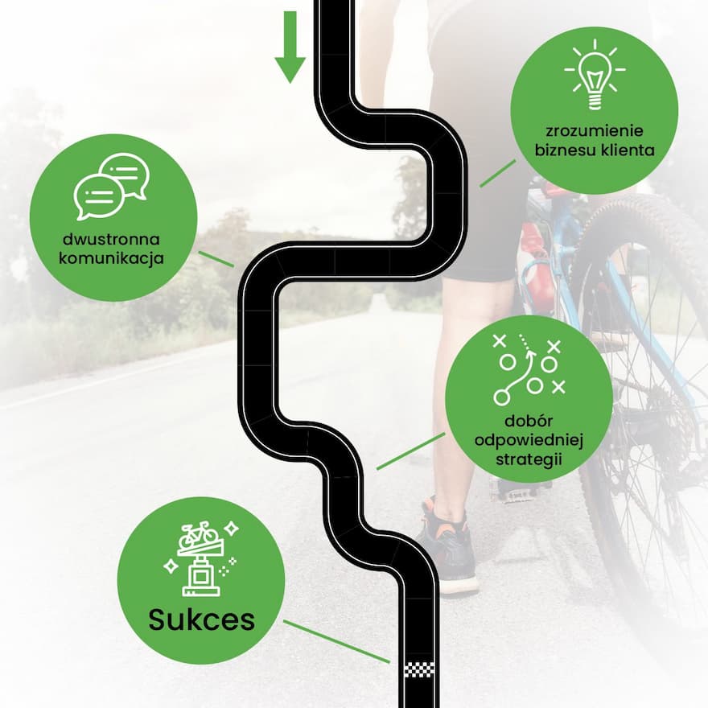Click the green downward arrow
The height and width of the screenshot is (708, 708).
290,47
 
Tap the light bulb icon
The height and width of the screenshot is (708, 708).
595,75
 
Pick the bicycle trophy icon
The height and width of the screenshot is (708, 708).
201,559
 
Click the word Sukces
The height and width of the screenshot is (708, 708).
201,619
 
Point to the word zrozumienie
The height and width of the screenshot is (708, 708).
595,131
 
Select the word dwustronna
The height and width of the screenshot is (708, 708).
111,239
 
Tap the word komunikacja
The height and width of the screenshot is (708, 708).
111,258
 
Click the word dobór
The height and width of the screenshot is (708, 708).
529,421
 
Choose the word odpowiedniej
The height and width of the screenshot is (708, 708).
529,440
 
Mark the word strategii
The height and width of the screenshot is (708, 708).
529,459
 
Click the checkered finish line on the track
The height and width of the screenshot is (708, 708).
419,669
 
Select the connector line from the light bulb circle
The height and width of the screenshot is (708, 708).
497,173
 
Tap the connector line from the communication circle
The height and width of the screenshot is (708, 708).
216,259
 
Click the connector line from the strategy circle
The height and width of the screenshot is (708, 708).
410,451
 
